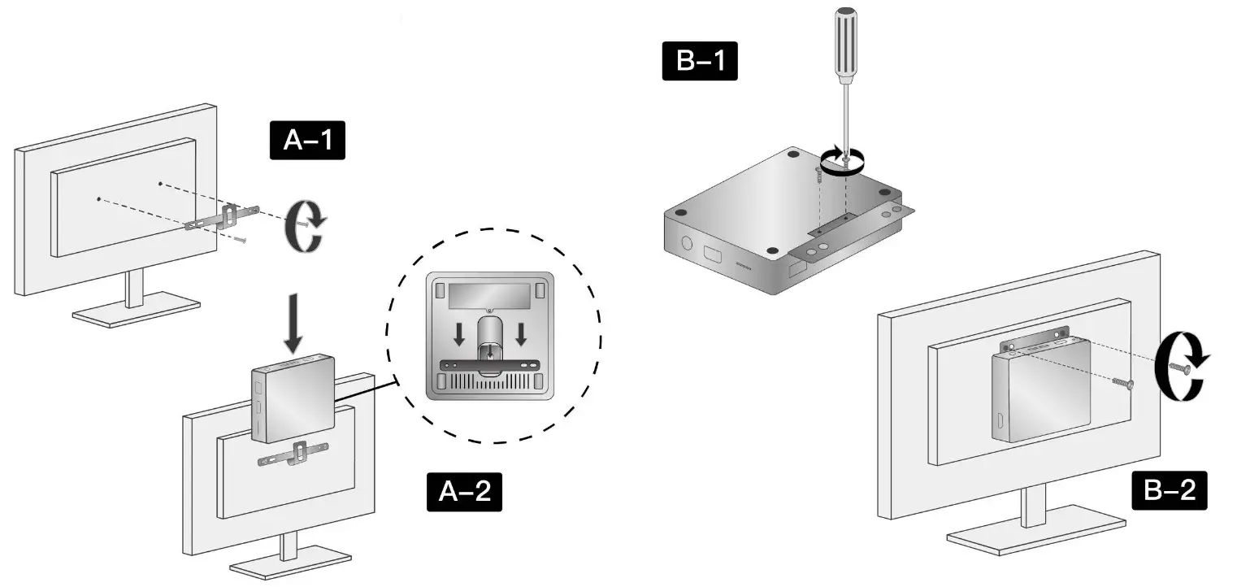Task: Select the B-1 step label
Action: (700, 62)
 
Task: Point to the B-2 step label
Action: (1170, 491)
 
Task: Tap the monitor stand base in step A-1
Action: (136, 312)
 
